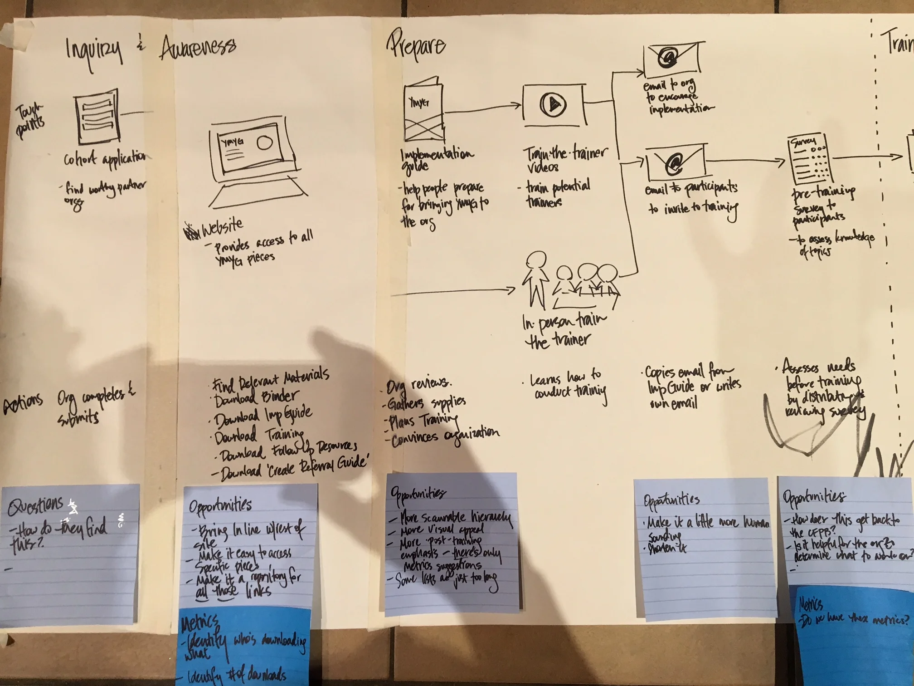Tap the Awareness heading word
tap(198, 48)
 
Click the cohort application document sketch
tap(97, 117)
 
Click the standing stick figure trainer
tap(535, 279)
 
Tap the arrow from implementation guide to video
tap(483, 108)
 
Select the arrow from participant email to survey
tap(746, 161)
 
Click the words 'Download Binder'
tap(256, 398)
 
